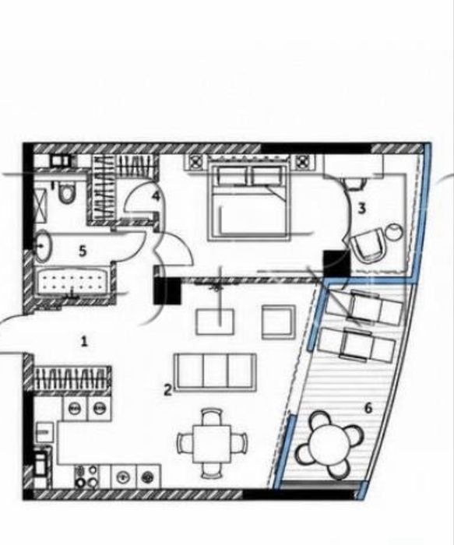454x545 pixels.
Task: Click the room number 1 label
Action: [x=84, y=342]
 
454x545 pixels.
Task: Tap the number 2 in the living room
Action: [x=168, y=390]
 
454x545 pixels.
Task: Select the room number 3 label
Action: [x=362, y=209]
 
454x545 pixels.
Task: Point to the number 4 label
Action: [x=156, y=196]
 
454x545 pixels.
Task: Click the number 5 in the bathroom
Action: [x=82, y=251]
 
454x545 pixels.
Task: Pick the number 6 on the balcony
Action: [x=368, y=407]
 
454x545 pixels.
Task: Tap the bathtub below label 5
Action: [x=74, y=281]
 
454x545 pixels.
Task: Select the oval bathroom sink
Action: [x=43, y=246]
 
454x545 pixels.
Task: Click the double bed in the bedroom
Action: [x=248, y=202]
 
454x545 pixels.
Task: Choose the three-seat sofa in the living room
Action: [x=216, y=372]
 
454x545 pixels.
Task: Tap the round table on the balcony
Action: [x=329, y=443]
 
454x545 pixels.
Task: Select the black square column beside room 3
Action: [x=336, y=264]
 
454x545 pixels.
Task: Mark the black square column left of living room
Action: [x=167, y=290]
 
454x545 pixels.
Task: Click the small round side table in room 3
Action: [x=395, y=230]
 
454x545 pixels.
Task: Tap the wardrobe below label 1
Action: [x=72, y=378]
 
